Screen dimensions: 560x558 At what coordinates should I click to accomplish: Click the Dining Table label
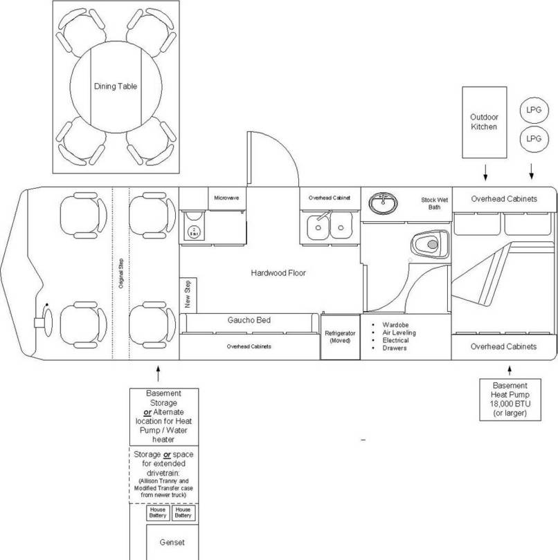pyautogui.click(x=116, y=87)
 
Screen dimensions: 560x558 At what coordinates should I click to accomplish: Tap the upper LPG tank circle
pyautogui.click(x=532, y=111)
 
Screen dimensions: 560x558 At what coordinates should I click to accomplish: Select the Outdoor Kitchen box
pyautogui.click(x=483, y=122)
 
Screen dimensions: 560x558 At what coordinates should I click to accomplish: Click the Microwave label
pyautogui.click(x=226, y=198)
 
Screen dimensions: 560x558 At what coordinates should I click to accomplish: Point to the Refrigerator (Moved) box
pyautogui.click(x=340, y=337)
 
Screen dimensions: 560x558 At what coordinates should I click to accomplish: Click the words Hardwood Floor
pyautogui.click(x=278, y=273)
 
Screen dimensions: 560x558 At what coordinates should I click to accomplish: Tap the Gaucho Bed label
pyautogui.click(x=249, y=321)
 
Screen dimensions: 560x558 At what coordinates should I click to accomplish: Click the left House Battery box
pyautogui.click(x=156, y=513)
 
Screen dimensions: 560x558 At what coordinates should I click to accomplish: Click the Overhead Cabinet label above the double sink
pyautogui.click(x=329, y=198)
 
